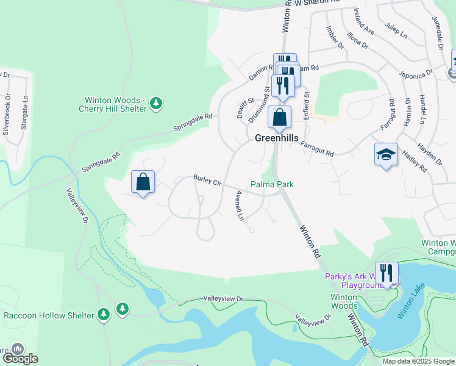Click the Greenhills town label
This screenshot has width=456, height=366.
(276, 138)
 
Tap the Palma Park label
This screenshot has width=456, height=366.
(272, 184)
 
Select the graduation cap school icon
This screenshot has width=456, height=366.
(386, 156)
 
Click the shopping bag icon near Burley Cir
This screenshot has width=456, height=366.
(143, 182)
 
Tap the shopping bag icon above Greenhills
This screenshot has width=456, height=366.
(279, 117)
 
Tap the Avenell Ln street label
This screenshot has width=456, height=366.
(240, 206)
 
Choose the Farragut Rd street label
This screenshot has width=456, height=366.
(318, 149)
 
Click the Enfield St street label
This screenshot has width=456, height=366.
(307, 102)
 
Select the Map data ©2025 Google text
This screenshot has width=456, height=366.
(418, 361)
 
